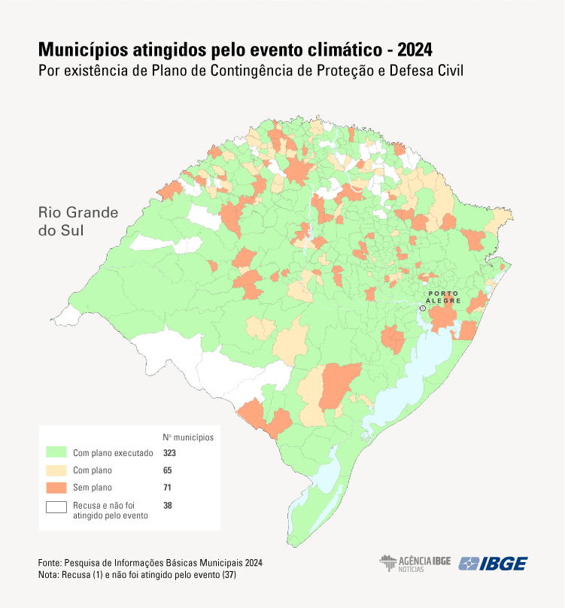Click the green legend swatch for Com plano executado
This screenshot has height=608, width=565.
[57, 453]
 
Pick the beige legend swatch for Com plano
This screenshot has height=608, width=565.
[57, 470]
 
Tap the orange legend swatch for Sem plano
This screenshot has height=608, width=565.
[57, 488]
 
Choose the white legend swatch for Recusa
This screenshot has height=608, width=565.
[57, 506]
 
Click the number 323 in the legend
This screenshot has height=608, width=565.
[171, 453]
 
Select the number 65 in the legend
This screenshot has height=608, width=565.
[168, 470]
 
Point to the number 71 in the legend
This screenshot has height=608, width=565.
[168, 488]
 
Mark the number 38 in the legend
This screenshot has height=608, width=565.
[168, 506]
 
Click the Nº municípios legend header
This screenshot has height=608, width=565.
[188, 436]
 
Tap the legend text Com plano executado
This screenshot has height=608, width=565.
[113, 453]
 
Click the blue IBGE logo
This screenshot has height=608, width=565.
[494, 564]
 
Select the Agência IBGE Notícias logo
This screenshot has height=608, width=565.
[415, 564]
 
